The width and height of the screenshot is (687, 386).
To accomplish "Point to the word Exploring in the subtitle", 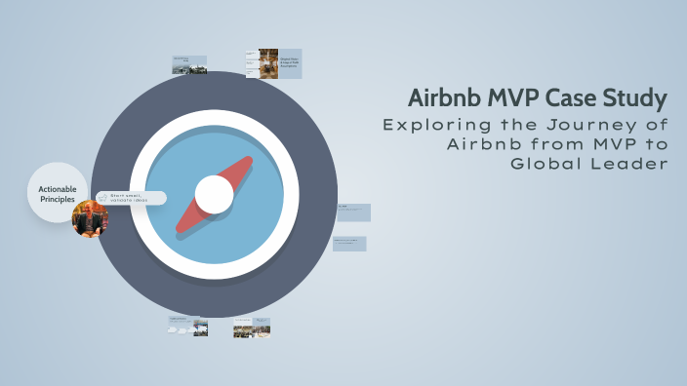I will click(x=431, y=125).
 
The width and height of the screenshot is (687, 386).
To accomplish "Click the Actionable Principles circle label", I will click(x=57, y=193).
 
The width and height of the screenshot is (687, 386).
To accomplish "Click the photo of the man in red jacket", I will click(x=90, y=219).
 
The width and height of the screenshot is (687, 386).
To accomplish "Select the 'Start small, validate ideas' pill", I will click(x=131, y=198).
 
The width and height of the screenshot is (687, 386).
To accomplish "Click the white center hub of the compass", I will click(x=214, y=194).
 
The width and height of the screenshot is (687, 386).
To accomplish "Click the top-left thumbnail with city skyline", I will click(x=189, y=64).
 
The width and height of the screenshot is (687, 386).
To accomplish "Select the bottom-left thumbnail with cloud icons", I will click(x=187, y=326).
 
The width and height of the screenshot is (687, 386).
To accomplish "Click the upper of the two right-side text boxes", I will click(x=352, y=212).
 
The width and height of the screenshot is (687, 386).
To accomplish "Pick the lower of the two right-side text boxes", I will click(x=349, y=244).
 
